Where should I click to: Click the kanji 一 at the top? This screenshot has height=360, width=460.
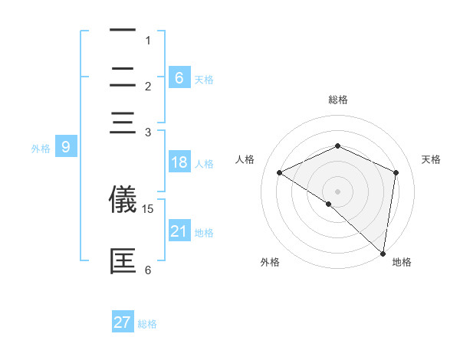tap(123, 31)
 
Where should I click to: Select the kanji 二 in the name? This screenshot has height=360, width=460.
tap(123, 77)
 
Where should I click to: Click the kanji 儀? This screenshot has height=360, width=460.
tap(123, 199)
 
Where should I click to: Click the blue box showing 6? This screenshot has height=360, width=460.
tap(179, 77)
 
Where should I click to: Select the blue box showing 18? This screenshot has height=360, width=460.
tap(179, 162)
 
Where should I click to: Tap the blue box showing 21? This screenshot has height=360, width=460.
tap(179, 231)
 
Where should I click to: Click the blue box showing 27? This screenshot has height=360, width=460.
tap(123, 322)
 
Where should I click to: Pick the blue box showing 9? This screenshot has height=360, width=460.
tap(66, 147)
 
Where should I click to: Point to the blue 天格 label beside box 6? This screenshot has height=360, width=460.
tap(204, 79)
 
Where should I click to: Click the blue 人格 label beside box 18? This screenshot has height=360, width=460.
tap(204, 164)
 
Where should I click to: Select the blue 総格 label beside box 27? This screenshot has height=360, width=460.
tap(147, 324)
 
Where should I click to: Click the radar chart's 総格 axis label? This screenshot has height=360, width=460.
tap(337, 100)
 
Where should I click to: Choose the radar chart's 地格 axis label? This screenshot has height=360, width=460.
tap(402, 263)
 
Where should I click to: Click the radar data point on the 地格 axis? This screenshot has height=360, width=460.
tap(383, 253)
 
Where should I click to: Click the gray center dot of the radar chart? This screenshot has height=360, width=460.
tap(337, 191)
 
